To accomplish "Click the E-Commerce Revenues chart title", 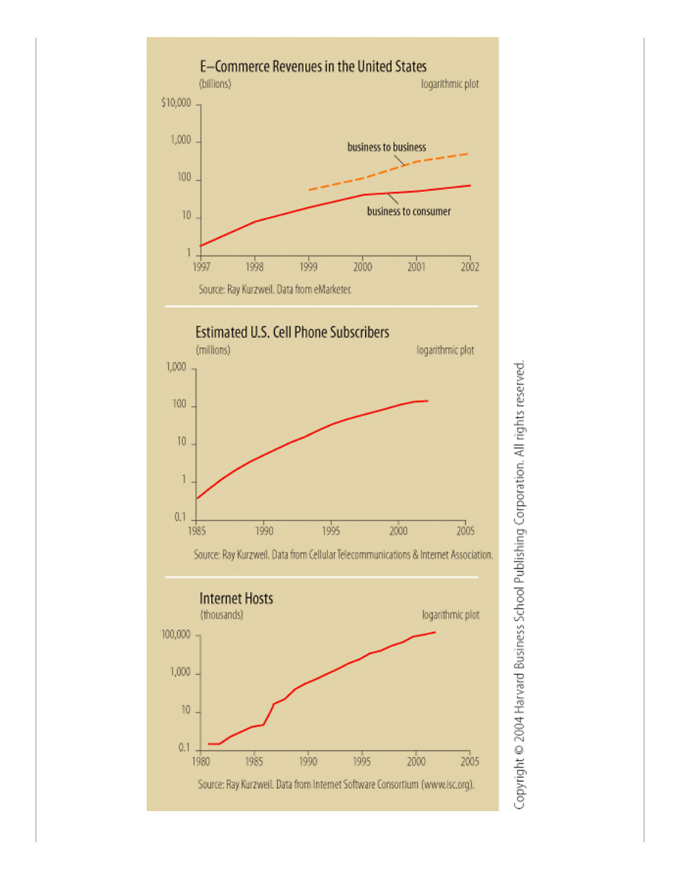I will coord(311,67).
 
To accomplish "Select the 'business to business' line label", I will coord(387,147).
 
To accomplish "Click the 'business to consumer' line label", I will coord(409,211).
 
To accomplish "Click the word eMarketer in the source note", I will coord(329,290).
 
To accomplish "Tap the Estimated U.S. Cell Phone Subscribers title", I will coord(292,333).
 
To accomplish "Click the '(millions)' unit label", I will coord(213,350).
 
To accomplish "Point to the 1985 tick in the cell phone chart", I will coord(196,530).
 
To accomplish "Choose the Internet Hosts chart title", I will coord(236,598).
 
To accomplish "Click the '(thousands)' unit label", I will coord(221,615).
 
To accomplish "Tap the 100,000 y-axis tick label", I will coord(176,636).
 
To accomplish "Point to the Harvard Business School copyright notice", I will coord(520,585).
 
